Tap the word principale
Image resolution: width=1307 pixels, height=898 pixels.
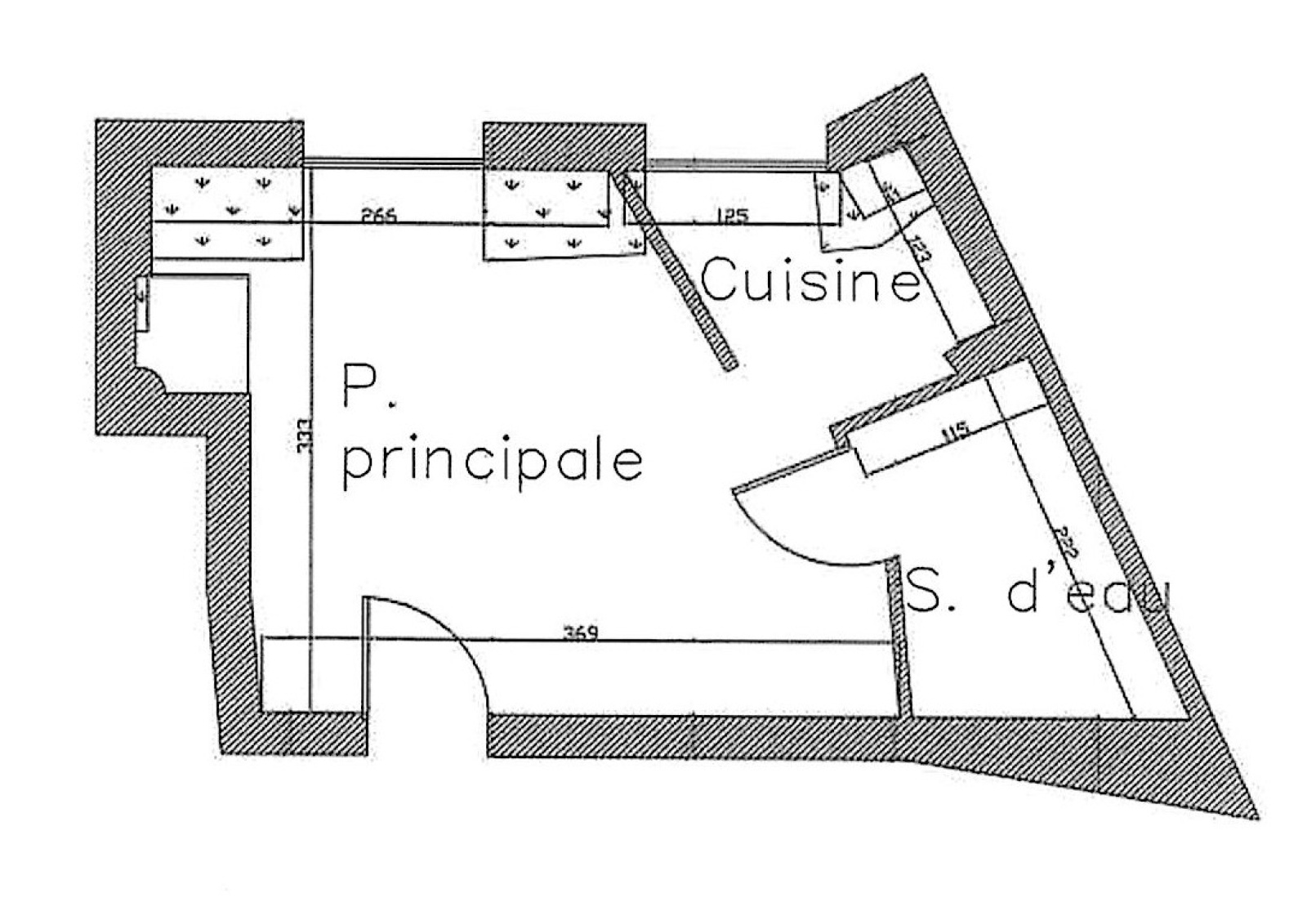click(x=492, y=462)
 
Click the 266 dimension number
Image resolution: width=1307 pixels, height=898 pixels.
click(x=379, y=216)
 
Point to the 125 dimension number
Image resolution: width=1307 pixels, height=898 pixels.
click(x=731, y=216)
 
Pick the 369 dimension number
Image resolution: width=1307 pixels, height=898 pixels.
click(x=581, y=632)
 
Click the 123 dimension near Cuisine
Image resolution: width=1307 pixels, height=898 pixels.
click(x=919, y=247)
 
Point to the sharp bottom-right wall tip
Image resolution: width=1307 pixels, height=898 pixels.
click(x=1254, y=813)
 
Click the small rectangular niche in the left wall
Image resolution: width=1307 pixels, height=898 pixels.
click(x=142, y=303)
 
